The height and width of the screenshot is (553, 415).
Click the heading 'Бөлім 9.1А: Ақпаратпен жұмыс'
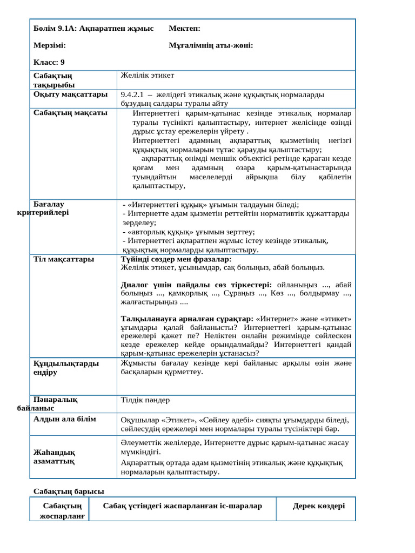point(93,28)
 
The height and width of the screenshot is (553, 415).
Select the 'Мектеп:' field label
point(184,28)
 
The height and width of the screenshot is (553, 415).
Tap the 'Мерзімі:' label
point(50,45)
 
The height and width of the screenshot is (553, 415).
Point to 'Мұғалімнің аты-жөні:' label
point(211,45)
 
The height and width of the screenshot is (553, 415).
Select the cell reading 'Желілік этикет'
point(148,75)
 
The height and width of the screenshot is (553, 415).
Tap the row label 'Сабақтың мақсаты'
point(70,113)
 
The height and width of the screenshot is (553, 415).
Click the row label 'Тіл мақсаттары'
point(64,259)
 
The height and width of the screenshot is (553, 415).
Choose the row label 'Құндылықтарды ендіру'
point(66,368)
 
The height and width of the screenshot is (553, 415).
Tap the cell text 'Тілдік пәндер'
point(145,400)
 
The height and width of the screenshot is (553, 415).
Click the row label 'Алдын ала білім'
point(65,419)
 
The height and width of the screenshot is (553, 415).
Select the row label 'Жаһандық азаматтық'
point(54,457)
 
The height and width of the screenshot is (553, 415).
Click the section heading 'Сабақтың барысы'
point(69,491)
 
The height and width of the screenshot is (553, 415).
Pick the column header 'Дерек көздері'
point(319,506)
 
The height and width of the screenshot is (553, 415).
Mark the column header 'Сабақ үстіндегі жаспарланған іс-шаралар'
point(183,506)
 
